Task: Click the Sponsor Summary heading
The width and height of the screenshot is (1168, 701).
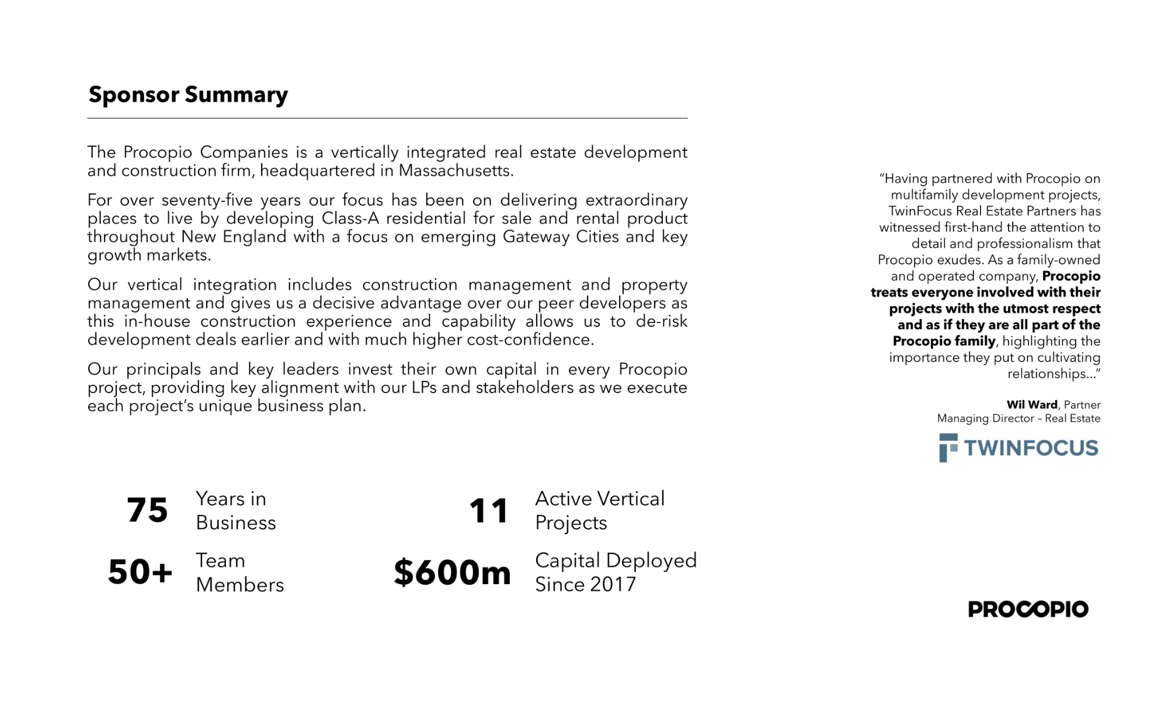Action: (x=188, y=95)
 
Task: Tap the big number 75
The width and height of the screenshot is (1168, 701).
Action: (x=147, y=510)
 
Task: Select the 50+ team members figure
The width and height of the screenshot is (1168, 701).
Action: (x=140, y=572)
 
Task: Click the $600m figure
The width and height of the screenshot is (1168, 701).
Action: (x=452, y=572)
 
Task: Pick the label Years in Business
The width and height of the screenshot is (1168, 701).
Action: (x=235, y=511)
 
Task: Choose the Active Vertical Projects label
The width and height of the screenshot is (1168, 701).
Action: (x=600, y=511)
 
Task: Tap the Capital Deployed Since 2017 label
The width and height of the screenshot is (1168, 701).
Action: (x=616, y=572)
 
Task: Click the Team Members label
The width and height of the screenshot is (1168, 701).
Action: (x=239, y=572)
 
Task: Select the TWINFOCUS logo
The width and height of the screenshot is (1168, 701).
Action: (x=1019, y=448)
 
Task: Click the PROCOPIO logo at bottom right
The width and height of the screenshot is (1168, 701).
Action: (x=1028, y=609)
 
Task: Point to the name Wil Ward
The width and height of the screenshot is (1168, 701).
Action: (x=1031, y=405)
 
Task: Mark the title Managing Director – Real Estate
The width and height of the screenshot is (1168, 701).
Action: (x=1018, y=418)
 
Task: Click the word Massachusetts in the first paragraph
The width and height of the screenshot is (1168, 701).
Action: (x=456, y=171)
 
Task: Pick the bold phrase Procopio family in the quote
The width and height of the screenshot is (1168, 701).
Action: (x=944, y=341)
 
